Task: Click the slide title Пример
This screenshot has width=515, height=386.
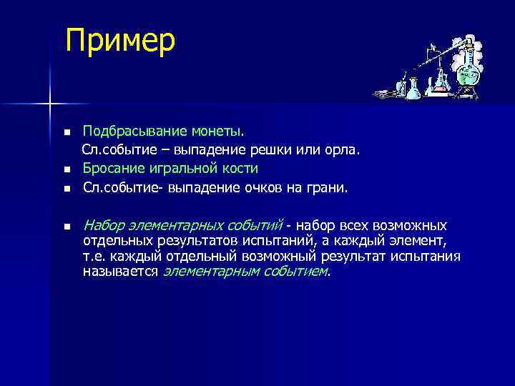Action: coord(119,41)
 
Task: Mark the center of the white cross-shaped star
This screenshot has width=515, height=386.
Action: coord(50,104)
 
